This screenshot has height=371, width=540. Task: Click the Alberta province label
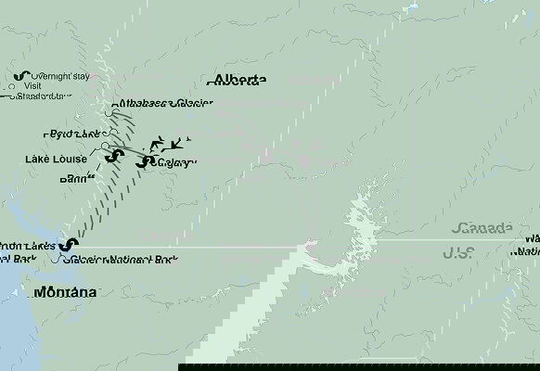tap(239, 80)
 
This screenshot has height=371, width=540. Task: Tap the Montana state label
tap(65, 292)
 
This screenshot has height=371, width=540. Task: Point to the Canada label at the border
tap(482, 228)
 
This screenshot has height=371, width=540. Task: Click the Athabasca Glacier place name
tap(166, 104)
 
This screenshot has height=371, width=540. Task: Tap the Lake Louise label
tap(57, 159)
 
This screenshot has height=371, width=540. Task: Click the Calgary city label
tap(176, 164)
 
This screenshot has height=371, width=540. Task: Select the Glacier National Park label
tap(125, 260)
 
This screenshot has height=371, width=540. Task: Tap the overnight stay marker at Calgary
tap(142, 162)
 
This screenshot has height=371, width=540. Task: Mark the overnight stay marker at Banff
tap(112, 156)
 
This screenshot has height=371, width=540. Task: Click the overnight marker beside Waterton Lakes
tap(69, 245)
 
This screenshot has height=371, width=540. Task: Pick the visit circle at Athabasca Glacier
tap(111, 112)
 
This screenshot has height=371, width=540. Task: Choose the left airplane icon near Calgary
tap(158, 144)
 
